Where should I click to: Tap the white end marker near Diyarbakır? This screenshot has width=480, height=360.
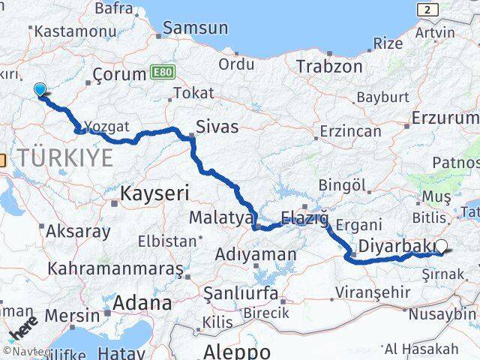441,246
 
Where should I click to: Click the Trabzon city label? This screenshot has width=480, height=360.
329,66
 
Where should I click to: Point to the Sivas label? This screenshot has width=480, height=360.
217,126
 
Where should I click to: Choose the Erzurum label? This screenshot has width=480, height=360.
445,118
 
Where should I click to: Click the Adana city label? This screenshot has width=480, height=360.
142,302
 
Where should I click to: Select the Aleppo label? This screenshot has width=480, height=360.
237,351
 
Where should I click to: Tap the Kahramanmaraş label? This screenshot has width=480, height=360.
115,268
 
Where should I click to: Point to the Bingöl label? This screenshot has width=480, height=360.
341,184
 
